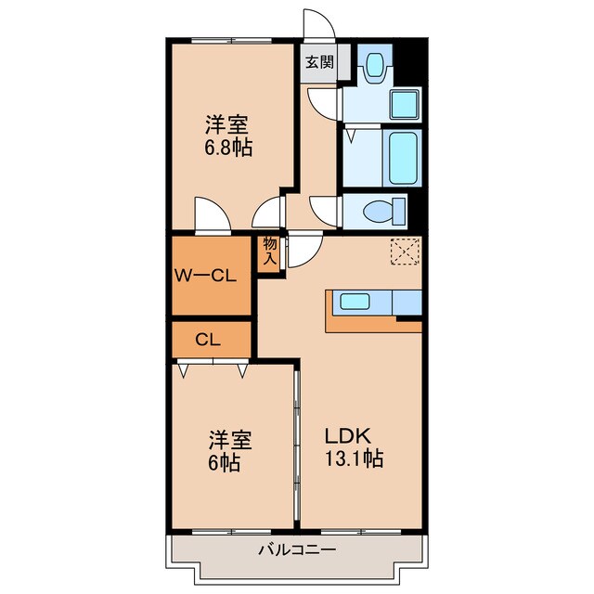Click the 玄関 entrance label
point(320,63)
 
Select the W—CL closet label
point(209,275)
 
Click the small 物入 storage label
point(270,250)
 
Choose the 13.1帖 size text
point(354,458)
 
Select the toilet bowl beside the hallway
point(384,211)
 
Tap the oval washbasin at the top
point(376,64)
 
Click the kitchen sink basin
point(355,301)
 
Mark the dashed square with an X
point(405,251)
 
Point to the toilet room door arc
point(326,209)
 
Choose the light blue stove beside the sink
point(406,302)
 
